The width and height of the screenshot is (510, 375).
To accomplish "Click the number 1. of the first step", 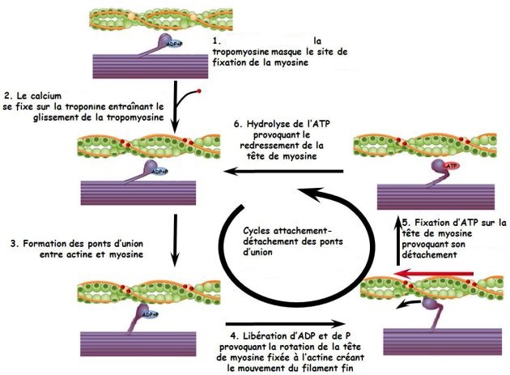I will pyautogui.click(x=216, y=40).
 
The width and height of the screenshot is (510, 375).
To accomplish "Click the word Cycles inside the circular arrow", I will pyautogui.click(x=261, y=229).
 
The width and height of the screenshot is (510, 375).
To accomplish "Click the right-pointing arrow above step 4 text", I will pyautogui.click(x=283, y=320).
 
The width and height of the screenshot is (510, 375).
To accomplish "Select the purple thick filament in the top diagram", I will pyautogui.click(x=151, y=65).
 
